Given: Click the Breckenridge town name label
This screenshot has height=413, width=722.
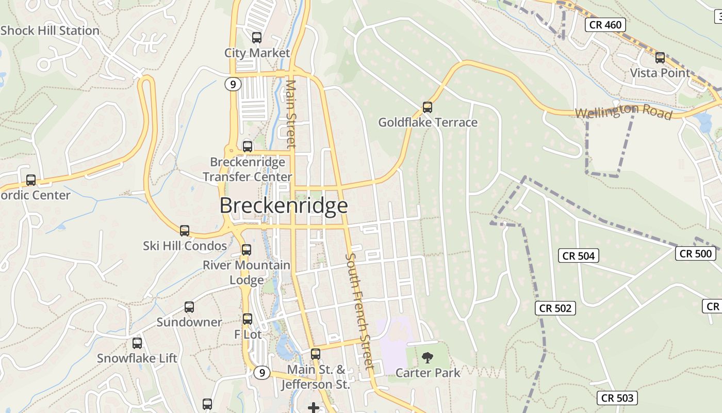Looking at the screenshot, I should pos(284,205).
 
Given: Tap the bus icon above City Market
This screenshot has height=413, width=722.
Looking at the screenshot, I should pos(256,38).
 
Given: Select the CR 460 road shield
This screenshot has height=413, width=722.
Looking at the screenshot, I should pos(605,24).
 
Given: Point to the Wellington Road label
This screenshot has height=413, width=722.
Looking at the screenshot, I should pos(623,111).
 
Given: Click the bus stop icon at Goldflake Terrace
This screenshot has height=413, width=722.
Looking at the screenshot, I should pos(427,107).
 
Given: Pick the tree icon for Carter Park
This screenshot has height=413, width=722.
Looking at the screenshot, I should pos(427,357).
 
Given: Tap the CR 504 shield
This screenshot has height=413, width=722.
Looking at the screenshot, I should pos(579,256).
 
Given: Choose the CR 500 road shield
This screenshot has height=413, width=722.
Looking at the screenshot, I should pos(696,253).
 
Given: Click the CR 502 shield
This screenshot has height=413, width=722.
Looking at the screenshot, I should pos(555,308).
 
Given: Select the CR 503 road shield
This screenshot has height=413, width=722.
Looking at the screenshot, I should pos(617,398).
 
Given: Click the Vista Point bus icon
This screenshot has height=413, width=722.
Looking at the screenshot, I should pos(660,57).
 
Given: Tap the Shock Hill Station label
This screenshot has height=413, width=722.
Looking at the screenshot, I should pos(50,30).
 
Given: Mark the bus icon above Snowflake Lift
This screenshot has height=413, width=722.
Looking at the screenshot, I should pos(137,343).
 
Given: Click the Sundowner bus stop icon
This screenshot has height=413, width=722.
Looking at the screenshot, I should pos(189,307).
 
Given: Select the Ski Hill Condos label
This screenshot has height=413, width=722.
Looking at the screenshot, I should pos(185,246).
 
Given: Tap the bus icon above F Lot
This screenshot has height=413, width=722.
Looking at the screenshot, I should pos(248,319).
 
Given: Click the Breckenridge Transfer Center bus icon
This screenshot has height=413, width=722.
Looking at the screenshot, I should pos(248,147).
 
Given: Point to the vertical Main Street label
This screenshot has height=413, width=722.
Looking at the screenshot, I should pos(291,114).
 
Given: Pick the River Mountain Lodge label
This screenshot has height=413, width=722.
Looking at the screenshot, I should pos(247,273).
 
